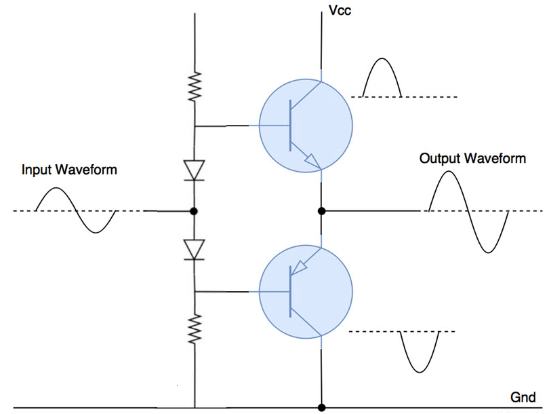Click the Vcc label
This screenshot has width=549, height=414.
[340, 11]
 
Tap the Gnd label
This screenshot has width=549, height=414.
[523, 397]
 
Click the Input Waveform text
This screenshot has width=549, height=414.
[69, 169]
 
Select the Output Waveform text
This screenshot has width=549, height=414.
[472, 159]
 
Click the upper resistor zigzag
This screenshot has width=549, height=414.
[195, 88]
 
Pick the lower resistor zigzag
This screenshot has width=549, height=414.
[195, 328]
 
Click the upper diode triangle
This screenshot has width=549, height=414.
[195, 170]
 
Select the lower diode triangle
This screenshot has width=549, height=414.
[195, 249]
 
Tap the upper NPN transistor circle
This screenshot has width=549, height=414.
[306, 126]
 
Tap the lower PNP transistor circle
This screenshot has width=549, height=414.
[306, 292]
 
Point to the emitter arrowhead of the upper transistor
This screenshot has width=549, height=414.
[312, 162]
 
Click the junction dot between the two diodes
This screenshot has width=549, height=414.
[195, 211]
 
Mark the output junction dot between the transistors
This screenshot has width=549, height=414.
[322, 211]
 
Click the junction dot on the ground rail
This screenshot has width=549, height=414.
[322, 407]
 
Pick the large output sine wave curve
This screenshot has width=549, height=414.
[468, 211]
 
